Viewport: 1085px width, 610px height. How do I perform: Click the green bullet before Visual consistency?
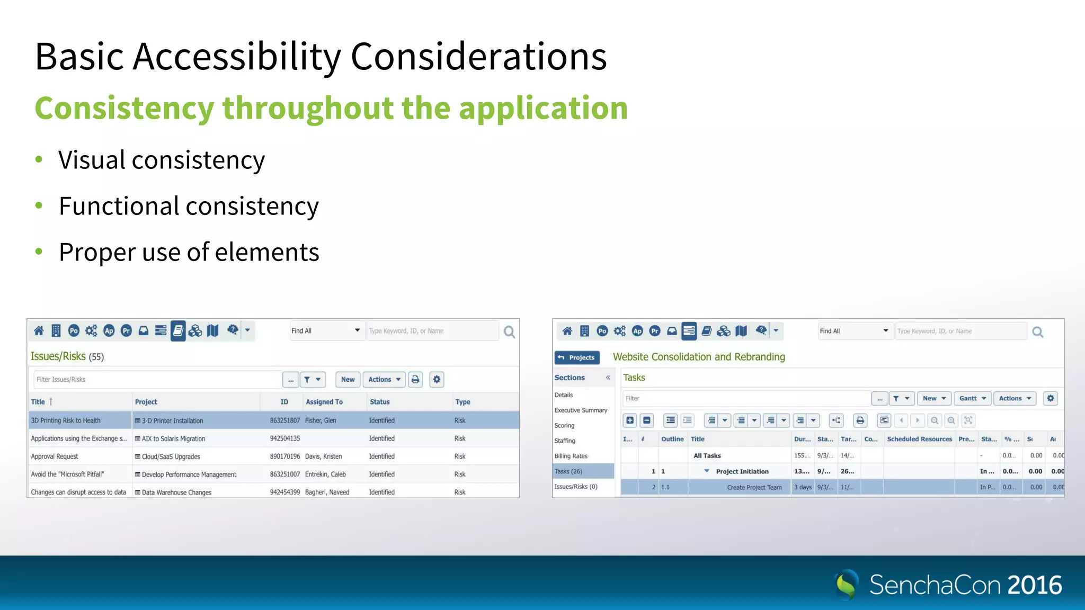coord(39,159)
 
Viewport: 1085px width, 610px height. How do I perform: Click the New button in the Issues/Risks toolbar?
coord(348,380)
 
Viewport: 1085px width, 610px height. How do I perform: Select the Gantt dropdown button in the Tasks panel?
coord(972,398)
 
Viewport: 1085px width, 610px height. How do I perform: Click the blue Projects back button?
coord(577,357)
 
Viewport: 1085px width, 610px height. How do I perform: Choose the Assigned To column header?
coord(324,402)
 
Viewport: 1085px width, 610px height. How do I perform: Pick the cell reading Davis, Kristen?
coord(323,456)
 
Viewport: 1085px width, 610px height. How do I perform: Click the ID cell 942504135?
coord(284,438)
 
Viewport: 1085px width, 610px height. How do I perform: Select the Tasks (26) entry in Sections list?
coord(568,471)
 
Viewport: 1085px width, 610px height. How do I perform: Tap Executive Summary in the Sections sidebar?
coord(581,410)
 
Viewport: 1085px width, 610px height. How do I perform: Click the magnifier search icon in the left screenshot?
coord(509,332)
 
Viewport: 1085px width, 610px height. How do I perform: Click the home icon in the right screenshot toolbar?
coord(567,331)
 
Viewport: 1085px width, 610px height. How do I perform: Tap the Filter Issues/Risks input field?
coord(156,380)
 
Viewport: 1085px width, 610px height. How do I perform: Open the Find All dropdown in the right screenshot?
coord(853,331)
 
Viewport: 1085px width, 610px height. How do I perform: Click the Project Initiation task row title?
coord(742,471)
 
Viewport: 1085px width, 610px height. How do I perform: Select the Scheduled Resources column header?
coord(919,439)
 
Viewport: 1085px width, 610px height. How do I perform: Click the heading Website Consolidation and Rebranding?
coord(699,357)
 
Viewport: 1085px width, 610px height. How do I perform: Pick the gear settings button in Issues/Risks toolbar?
coord(437,380)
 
